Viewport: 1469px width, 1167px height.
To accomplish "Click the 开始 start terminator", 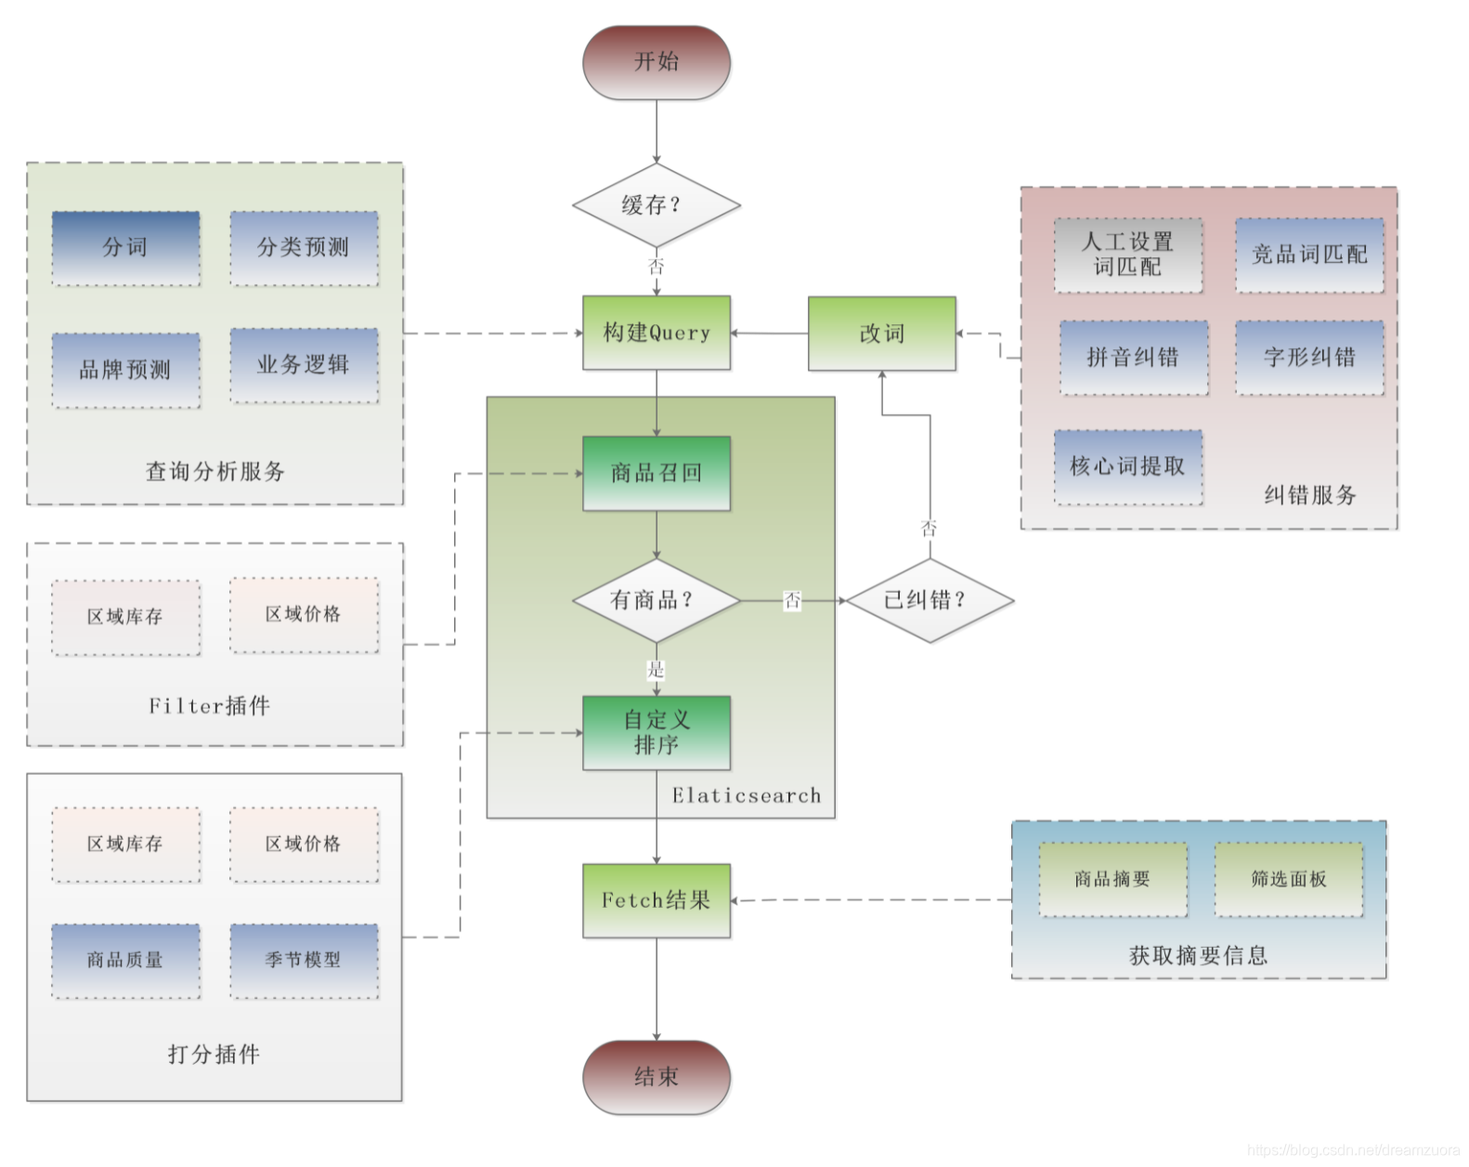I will click(656, 62).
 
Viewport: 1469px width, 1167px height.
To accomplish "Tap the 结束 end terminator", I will click(656, 1077).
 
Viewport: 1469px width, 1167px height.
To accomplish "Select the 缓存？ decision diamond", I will click(656, 205).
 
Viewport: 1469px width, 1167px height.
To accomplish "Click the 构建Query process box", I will click(656, 333).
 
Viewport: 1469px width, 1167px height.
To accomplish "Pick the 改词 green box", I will click(881, 334).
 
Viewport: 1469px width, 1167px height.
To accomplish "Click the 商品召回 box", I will click(656, 473).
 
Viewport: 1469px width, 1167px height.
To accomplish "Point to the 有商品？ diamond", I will click(656, 600).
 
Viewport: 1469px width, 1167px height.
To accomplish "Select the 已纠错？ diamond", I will click(929, 600).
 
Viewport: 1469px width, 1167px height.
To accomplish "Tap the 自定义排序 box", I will click(656, 732).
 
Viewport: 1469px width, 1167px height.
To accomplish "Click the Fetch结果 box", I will click(656, 900).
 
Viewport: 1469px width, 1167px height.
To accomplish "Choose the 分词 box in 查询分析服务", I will click(125, 247).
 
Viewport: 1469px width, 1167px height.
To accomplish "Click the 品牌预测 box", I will click(125, 370).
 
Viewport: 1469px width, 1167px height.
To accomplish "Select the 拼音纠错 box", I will click(1133, 358).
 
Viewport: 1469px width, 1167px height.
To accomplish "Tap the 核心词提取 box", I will click(1127, 466).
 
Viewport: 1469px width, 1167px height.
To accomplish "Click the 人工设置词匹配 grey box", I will click(1127, 255).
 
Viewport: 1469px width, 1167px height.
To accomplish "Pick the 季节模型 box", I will click(304, 960).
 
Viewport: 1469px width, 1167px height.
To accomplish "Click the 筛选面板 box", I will click(1288, 879).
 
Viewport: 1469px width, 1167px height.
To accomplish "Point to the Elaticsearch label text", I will click(747, 795).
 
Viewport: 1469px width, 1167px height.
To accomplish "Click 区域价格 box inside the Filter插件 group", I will click(304, 614).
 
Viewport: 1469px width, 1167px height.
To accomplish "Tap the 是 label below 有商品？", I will click(656, 670).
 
